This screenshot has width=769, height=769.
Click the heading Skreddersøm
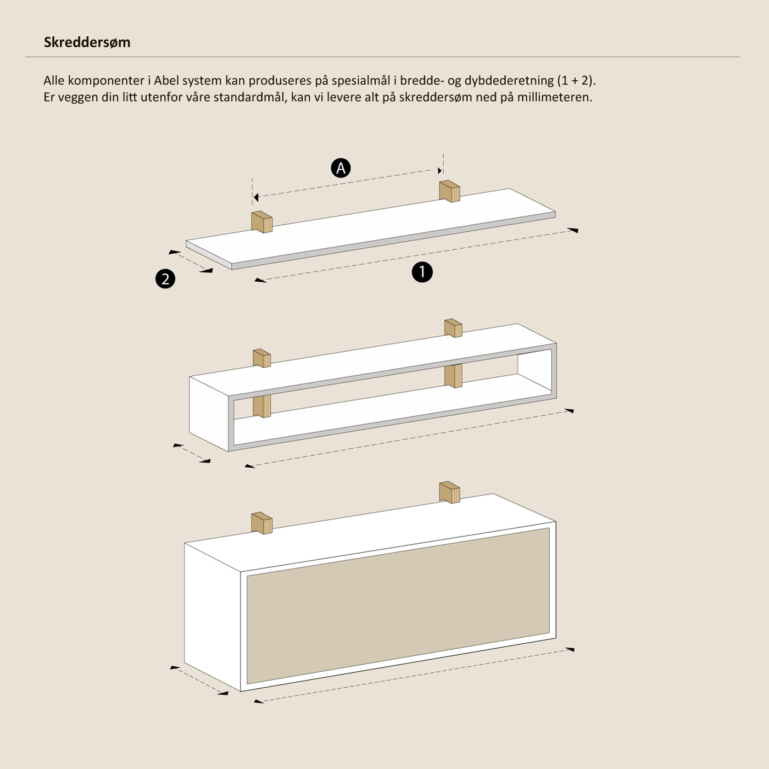pos(87,42)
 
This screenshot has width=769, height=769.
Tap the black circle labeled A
pos(341,168)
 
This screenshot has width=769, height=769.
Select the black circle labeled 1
pos(422,272)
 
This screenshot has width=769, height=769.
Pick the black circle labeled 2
pos(165,278)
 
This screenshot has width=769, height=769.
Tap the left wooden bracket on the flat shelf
pos(262,221)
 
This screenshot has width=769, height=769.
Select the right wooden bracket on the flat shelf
pos(450,191)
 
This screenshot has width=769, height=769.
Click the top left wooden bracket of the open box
pos(262,358)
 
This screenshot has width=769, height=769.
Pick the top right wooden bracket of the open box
pos(453,328)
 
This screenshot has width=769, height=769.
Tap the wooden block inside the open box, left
pos(262,406)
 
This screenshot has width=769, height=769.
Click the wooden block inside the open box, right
pos(453,376)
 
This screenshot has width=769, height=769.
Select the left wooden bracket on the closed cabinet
pos(262,523)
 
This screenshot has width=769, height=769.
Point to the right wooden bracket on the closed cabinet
pos(450,492)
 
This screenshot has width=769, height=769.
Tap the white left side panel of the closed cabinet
pos(213,616)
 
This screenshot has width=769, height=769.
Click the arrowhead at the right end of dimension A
pos(440,171)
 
